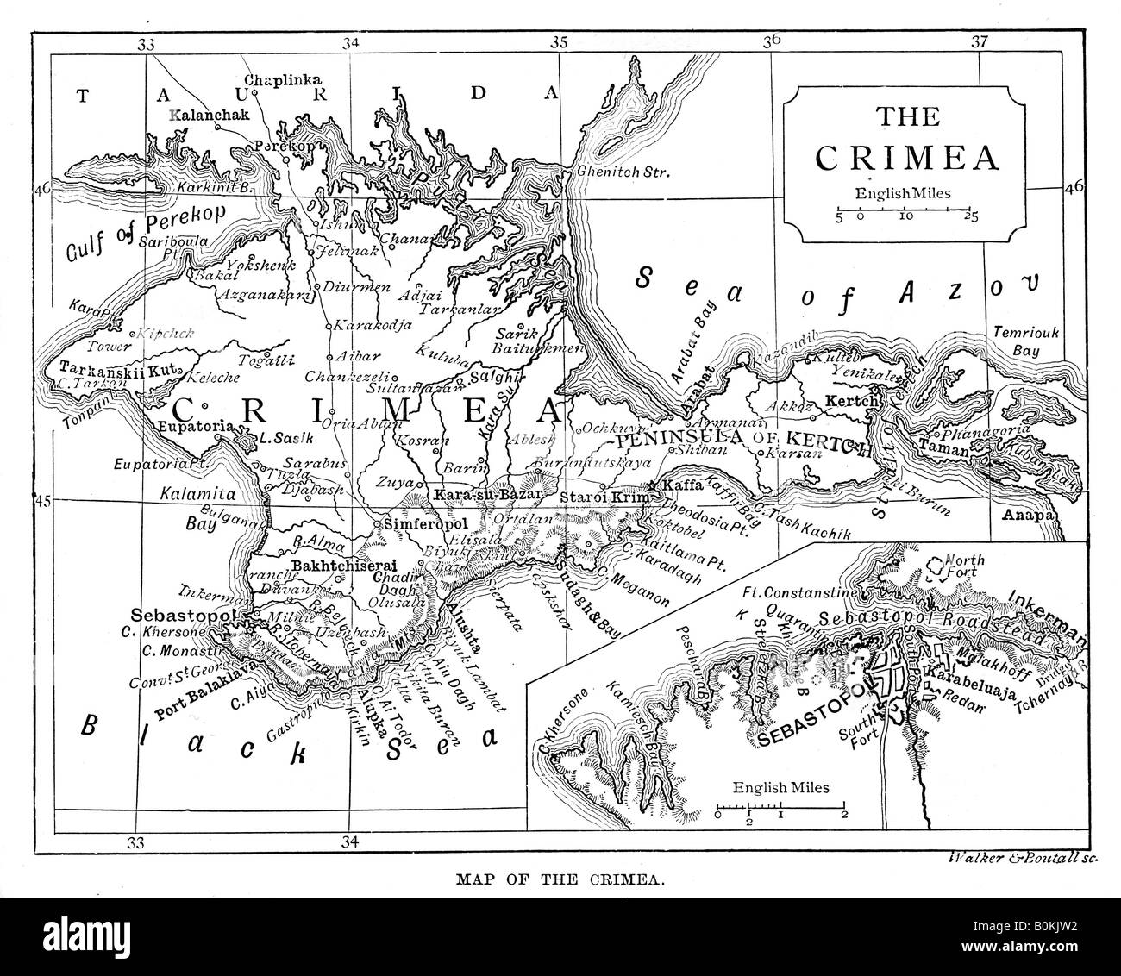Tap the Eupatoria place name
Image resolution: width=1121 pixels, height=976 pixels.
click(191, 427)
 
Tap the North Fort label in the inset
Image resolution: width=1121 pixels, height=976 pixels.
click(965, 566)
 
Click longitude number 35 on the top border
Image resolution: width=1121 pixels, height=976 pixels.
click(559, 42)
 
